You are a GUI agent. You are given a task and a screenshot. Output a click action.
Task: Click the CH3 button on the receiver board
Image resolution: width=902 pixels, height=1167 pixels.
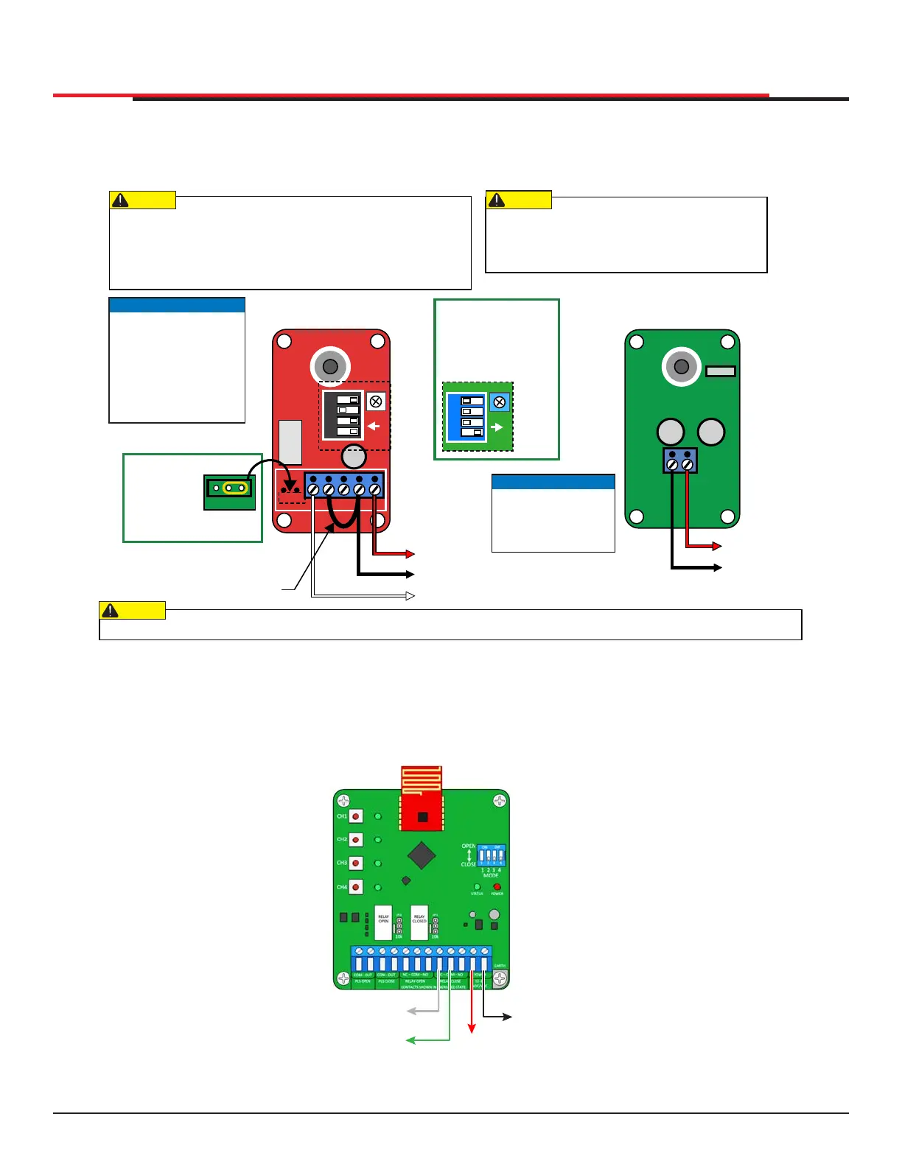356,863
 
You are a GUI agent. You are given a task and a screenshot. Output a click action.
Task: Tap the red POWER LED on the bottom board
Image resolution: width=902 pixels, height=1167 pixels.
497,887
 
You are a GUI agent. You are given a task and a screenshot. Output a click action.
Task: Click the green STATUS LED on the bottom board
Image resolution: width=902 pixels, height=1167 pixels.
477,887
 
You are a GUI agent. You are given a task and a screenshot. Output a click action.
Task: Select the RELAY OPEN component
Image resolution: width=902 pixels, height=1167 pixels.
383,922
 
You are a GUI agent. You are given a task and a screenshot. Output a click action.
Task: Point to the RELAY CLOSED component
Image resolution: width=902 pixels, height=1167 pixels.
419,922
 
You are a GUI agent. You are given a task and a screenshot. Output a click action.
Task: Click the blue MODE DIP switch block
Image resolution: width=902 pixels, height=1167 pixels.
492,855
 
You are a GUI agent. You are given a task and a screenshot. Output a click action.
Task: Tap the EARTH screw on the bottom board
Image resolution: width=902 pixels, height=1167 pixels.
500,978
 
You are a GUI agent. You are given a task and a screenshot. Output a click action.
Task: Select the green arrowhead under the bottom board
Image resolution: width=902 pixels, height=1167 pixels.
410,1040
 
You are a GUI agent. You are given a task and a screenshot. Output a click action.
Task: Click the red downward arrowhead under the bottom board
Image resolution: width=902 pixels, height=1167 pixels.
472,1028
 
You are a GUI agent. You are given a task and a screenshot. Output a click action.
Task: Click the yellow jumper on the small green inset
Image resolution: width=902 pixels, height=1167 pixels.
234,488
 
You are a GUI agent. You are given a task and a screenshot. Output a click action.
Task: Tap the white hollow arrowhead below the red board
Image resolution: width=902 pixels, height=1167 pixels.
410,595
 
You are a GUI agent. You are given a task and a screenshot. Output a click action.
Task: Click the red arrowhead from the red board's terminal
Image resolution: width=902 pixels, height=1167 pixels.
410,554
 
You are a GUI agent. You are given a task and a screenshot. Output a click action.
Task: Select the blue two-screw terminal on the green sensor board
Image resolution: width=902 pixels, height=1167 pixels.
679,461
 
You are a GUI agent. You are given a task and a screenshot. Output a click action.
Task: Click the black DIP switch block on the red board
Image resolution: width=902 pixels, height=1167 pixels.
343,415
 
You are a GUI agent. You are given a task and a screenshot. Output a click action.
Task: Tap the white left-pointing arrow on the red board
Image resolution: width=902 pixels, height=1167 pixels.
374,426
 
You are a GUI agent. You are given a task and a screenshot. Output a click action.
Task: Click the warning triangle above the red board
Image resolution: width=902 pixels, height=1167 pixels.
120,200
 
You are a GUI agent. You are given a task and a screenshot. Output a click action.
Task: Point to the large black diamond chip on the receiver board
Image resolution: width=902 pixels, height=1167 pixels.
422,855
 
